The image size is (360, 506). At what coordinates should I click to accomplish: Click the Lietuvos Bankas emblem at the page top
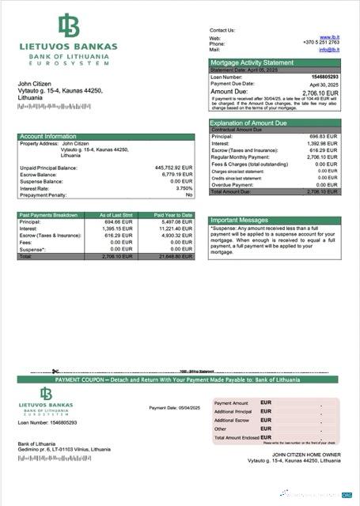pyautogui.click(x=68, y=26)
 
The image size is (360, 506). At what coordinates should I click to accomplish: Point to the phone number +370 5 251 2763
pyautogui.click(x=321, y=43)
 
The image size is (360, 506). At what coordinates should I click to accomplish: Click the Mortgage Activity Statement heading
pyautogui.click(x=252, y=62)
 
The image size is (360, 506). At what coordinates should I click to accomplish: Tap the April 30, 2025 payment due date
pyautogui.click(x=324, y=84)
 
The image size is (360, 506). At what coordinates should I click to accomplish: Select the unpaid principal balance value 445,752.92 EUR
pyautogui.click(x=173, y=168)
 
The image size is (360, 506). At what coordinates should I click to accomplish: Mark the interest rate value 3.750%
pyautogui.click(x=184, y=188)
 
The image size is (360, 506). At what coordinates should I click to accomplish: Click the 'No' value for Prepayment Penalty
pyautogui.click(x=189, y=194)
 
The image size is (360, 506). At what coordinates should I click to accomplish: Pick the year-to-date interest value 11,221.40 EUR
pyautogui.click(x=175, y=228)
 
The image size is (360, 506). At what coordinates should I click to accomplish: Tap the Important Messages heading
pyautogui.click(x=241, y=220)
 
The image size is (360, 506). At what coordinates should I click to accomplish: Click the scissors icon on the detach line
pyautogui.click(x=55, y=371)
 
